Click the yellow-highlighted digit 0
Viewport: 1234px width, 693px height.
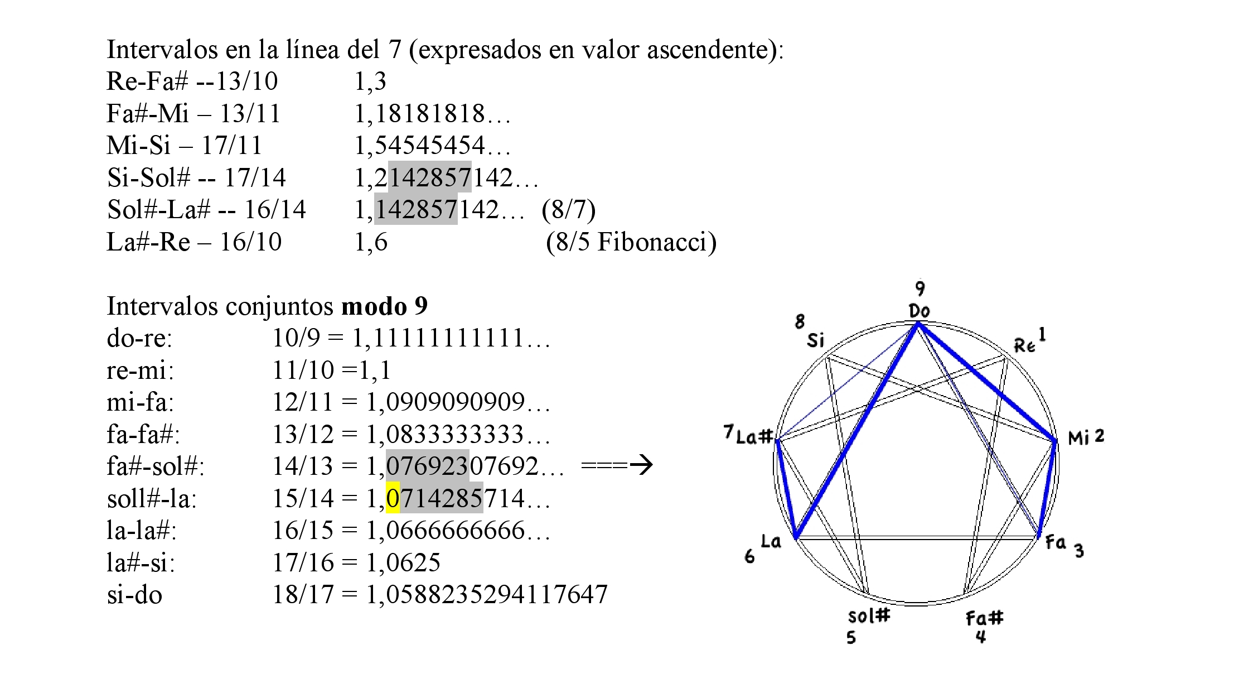pos(393,498)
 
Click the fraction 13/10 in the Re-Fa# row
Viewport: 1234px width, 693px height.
pos(246,81)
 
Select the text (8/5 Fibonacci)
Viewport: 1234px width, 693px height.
pos(631,242)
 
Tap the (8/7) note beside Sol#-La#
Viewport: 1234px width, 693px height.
pos(568,210)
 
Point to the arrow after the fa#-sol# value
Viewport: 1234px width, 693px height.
pos(617,465)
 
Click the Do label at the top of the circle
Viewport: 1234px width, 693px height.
pos(919,311)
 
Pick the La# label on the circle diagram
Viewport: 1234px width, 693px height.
pos(754,436)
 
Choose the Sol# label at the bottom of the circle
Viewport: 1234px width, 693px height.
pos(868,616)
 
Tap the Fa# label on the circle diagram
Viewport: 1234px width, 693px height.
pos(984,618)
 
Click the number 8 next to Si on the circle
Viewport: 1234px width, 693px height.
pos(800,321)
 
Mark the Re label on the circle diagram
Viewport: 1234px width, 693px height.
pos(1024,346)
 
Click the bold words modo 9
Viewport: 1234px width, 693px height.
pos(384,306)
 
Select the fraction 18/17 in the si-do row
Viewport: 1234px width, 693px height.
pos(302,595)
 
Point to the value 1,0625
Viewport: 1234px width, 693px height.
pos(403,562)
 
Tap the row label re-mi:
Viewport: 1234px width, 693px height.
pos(140,370)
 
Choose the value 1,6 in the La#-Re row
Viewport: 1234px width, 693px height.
pos(371,242)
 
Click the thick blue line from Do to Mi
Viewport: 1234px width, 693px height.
pos(986,382)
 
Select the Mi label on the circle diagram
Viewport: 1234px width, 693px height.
pos(1078,438)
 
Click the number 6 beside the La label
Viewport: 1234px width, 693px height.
pos(749,556)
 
